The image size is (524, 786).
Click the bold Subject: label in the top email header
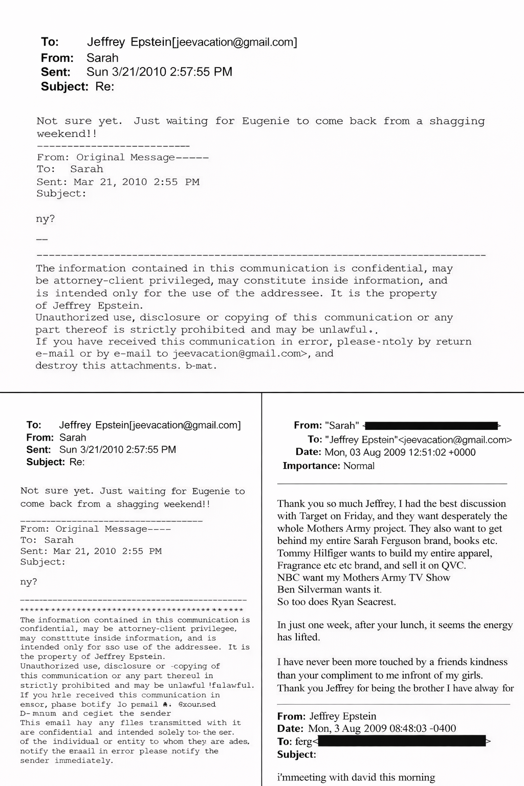point(64,86)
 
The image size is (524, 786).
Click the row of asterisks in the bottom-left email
point(132,610)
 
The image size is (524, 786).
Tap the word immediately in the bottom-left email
point(84,761)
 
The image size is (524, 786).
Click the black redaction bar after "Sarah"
point(431,425)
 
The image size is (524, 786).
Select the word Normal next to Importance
point(359,466)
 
